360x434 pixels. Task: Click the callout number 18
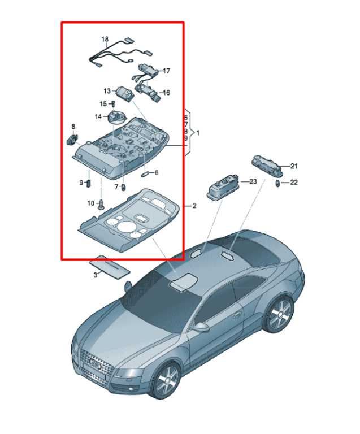105,39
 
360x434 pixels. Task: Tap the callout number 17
166,71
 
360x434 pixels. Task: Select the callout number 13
107,91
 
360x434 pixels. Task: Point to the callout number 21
293,166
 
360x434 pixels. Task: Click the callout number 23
253,181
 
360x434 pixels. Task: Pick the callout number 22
293,182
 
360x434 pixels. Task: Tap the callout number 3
95,275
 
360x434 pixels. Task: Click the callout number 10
91,203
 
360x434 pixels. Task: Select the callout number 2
194,206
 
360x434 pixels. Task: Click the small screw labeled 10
102,204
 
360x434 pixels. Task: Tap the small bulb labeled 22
277,183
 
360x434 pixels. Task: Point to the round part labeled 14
117,117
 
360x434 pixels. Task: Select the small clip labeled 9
89,183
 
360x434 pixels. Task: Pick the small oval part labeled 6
145,174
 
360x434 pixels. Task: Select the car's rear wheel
279,314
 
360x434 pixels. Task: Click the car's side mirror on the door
201,327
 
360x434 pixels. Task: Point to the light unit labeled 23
223,188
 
